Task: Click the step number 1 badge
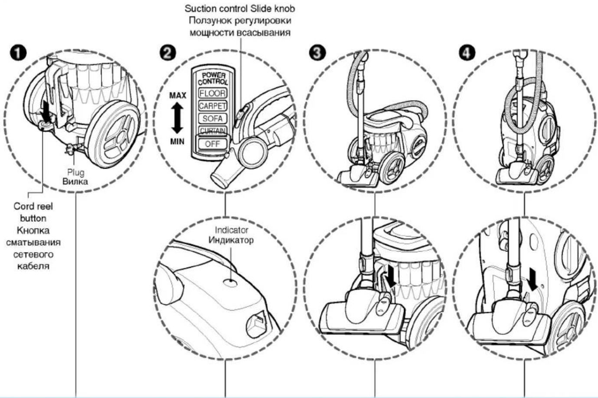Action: click(18, 53)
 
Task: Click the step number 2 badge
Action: click(168, 53)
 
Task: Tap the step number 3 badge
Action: click(317, 53)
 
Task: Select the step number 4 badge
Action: click(467, 53)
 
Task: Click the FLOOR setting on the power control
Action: click(212, 93)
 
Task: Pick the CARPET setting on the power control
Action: click(212, 106)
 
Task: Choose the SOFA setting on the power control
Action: click(212, 118)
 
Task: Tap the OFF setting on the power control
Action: click(212, 144)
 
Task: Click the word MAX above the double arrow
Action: click(177, 95)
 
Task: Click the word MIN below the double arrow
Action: click(177, 141)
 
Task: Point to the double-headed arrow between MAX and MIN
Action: click(177, 118)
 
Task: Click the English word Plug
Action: click(76, 172)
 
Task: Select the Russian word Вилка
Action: click(75, 181)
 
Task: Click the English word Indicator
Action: click(232, 230)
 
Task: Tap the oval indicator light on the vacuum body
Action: click(231, 283)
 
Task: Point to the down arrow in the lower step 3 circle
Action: click(392, 280)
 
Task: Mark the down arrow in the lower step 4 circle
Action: click(533, 280)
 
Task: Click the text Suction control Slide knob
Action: click(240, 9)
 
